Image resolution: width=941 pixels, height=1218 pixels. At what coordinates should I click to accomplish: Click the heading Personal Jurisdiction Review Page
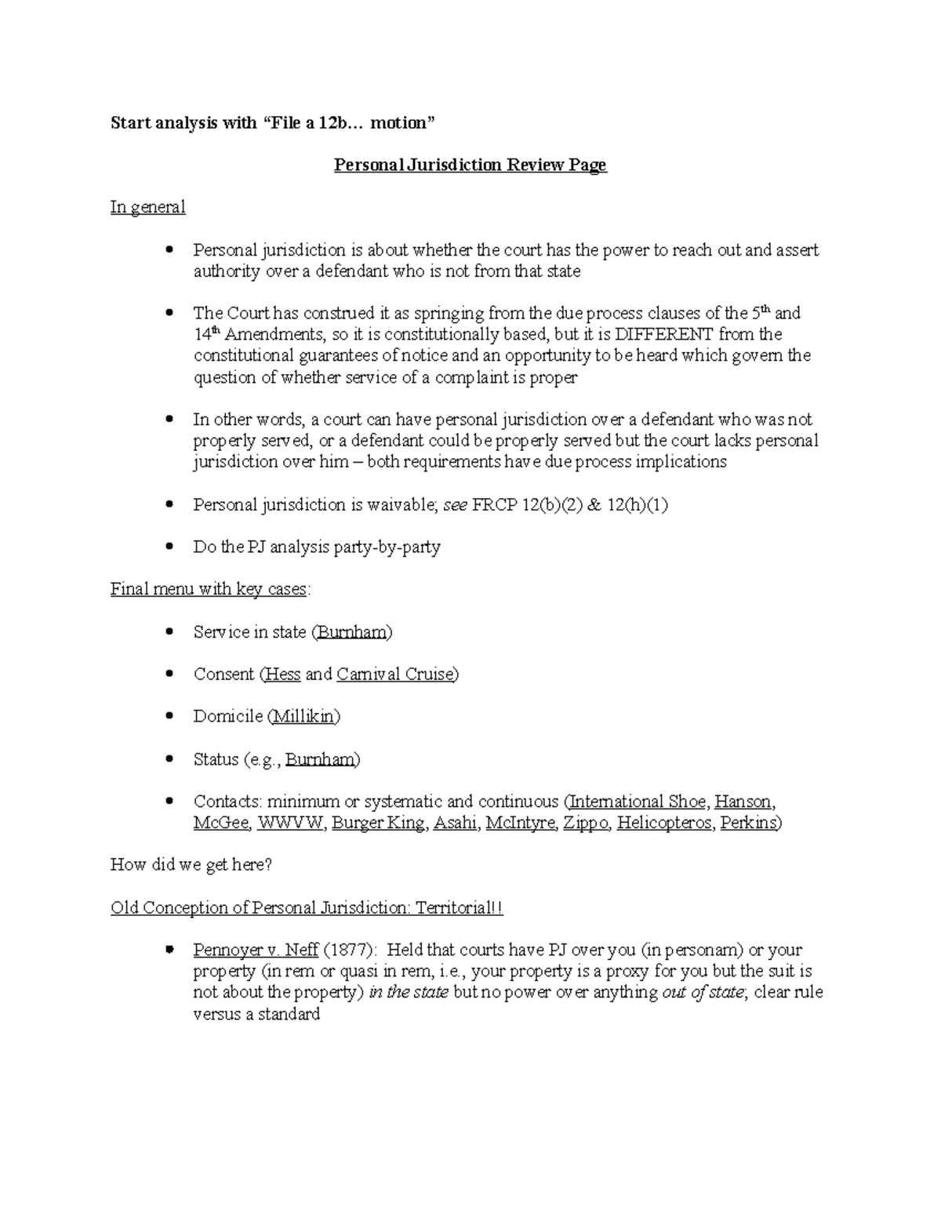tap(470, 165)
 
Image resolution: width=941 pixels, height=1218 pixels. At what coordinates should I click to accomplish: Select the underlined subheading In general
tap(147, 207)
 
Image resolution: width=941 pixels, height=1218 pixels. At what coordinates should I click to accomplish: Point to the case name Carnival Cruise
tap(396, 674)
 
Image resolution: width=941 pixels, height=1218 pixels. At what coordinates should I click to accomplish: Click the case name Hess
tap(282, 674)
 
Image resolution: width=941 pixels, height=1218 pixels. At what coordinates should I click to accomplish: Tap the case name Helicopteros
tap(664, 823)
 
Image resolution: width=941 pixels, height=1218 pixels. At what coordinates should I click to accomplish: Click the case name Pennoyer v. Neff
tap(256, 951)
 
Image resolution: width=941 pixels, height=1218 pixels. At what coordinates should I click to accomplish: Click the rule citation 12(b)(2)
tap(549, 505)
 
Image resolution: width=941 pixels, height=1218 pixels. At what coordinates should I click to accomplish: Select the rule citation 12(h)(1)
tap(638, 505)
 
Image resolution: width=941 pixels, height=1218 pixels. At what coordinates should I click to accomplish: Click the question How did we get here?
tap(191, 865)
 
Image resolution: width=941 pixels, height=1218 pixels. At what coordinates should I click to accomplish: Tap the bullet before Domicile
tap(169, 717)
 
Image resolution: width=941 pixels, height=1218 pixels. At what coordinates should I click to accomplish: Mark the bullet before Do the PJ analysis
tap(169, 547)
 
